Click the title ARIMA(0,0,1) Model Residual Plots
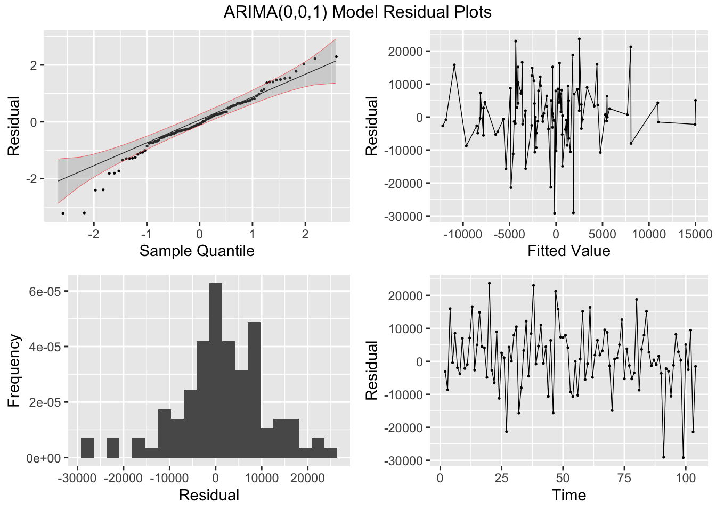click(357, 12)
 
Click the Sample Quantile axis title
click(197, 251)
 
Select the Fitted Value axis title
click(568, 251)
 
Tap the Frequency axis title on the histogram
click(13, 370)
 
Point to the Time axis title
click(568, 495)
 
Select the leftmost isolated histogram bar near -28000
click(87, 448)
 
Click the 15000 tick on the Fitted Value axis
click(695, 235)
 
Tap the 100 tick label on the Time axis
click(686, 478)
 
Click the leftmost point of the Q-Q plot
click(63, 213)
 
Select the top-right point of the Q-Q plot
click(336, 57)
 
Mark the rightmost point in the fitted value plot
click(695, 100)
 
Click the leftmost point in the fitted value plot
click(443, 126)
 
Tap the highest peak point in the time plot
click(489, 283)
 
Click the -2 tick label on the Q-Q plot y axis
click(32, 179)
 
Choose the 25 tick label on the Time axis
click(501, 478)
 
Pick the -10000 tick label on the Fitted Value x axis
click(461, 235)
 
